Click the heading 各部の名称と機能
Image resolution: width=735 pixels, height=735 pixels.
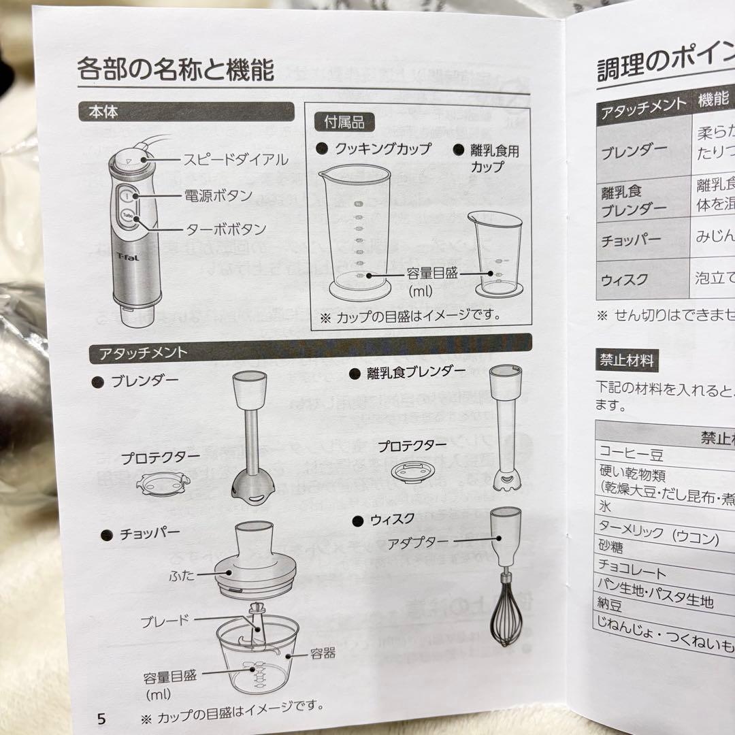click(176, 69)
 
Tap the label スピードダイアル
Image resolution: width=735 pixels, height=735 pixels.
click(235, 161)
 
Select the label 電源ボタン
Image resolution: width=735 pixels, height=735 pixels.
click(218, 196)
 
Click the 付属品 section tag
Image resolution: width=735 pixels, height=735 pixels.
click(345, 122)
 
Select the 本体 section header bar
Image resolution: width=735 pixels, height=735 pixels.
click(186, 112)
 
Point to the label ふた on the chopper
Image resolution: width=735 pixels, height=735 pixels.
click(182, 576)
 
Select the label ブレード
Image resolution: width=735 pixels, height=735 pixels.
click(165, 621)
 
